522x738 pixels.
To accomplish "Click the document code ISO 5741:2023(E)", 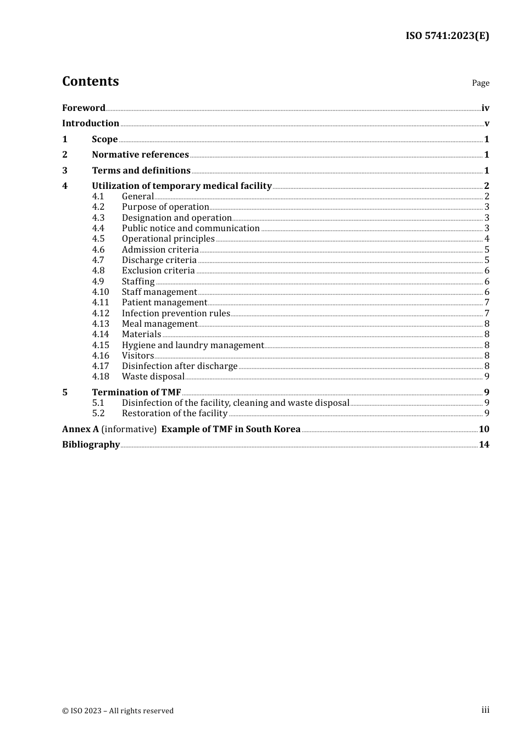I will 447,36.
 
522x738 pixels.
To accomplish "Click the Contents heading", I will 90,81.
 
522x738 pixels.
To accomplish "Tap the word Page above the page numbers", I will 480,83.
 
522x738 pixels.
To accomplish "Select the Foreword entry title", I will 84,108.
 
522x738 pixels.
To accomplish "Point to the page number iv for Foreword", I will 485,108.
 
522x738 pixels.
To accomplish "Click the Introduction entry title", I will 91,123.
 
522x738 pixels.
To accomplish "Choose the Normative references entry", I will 140,154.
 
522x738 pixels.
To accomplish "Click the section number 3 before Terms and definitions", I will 65,170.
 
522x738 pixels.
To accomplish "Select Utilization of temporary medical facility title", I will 182,186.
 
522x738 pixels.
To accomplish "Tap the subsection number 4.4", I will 98,228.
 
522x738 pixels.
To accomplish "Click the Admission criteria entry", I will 160,249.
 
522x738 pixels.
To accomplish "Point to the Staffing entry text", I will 138,281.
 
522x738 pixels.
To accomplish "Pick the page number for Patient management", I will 487,303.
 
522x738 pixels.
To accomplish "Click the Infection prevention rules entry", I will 176,313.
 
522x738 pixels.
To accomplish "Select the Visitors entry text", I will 138,355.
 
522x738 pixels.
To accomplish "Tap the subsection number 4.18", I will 101,376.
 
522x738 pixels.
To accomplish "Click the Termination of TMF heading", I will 136,392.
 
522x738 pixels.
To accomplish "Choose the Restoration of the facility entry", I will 175,413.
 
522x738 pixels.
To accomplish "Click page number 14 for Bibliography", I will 484,444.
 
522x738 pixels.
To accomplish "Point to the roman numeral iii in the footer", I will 485,710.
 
